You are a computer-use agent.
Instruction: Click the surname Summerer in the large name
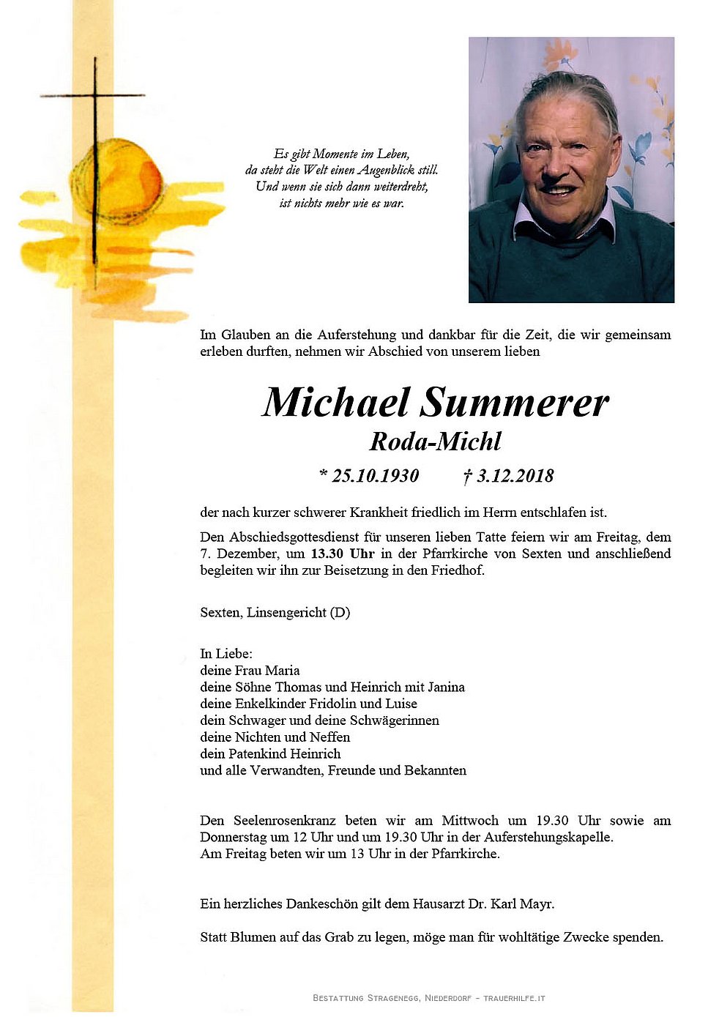(x=514, y=403)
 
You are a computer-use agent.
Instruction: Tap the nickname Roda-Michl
(x=435, y=442)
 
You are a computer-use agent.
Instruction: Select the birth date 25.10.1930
(x=375, y=476)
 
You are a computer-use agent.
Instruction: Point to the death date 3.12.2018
(x=515, y=476)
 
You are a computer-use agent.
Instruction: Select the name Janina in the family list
(x=446, y=687)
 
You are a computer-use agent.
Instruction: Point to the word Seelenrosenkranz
(x=284, y=820)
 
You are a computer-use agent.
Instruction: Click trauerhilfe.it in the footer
(x=514, y=998)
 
